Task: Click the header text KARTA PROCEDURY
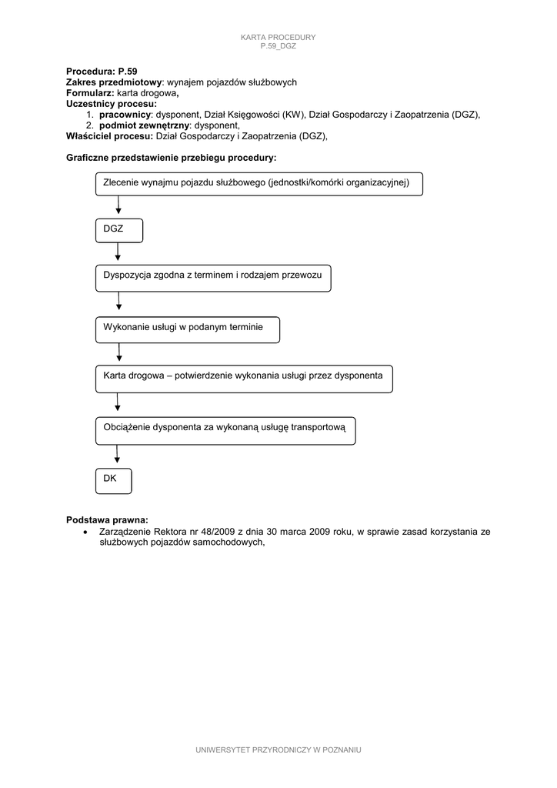point(278,38)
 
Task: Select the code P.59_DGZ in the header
point(278,46)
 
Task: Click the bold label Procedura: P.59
point(102,71)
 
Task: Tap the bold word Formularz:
point(91,92)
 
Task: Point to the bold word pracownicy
point(125,114)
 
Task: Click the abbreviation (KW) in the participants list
point(292,114)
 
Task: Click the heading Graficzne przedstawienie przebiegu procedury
point(171,157)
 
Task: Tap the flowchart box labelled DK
point(113,480)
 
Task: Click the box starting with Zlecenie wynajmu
point(258,184)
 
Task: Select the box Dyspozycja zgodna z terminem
point(213,279)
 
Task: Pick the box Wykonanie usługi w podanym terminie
point(187,329)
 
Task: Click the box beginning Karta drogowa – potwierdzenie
point(244,379)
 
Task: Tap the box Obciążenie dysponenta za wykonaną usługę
point(225,431)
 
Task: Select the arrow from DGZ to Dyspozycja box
point(118,252)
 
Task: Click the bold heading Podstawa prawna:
point(107,519)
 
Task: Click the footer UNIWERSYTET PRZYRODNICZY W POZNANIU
point(278,749)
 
